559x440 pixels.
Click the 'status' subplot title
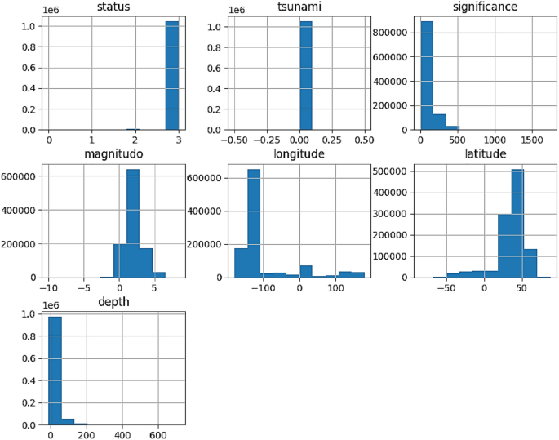tap(113, 7)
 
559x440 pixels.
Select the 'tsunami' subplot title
tap(299, 7)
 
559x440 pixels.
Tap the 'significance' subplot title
tap(485, 7)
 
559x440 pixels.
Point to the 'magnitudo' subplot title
tap(113, 153)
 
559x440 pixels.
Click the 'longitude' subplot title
tap(299, 153)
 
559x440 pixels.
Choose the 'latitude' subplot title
tap(486, 153)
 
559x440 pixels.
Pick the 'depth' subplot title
tap(113, 302)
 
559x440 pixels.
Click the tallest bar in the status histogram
tap(172, 76)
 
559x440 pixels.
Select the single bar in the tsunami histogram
tap(306, 76)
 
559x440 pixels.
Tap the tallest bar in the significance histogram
tap(427, 76)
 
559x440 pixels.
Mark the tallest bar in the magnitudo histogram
tap(133, 223)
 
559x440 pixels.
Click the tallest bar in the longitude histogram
tap(254, 223)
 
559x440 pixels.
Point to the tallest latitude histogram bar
tap(517, 223)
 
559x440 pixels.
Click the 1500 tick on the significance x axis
tap(531, 140)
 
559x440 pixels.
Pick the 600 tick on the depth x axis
tap(158, 435)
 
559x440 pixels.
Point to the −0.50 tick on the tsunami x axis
tap(234, 140)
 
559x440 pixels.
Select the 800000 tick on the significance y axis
tap(390, 33)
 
